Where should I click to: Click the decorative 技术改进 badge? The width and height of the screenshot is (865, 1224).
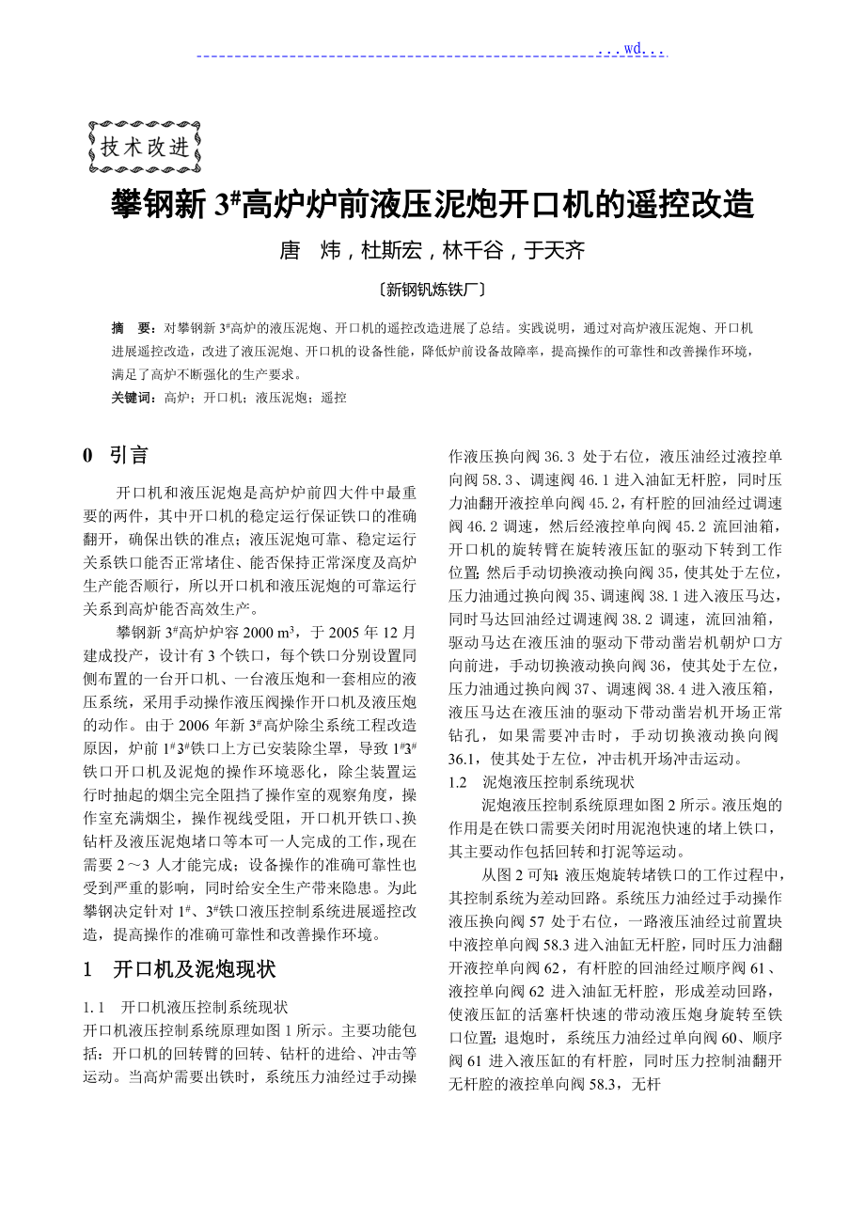144,147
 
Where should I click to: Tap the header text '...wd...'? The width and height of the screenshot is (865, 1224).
632,48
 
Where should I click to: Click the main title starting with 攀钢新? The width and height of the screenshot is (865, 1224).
432,203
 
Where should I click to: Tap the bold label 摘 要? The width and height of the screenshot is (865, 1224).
131,329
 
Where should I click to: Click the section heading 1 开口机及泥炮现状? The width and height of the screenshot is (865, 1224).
179,968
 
